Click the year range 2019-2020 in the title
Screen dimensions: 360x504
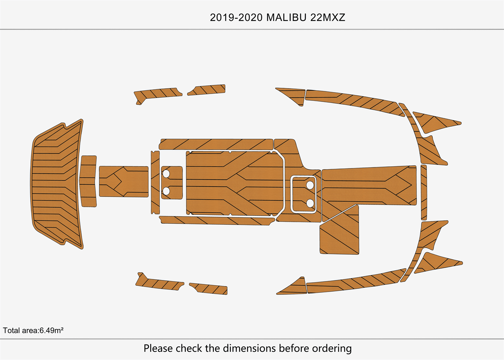(x=236, y=17)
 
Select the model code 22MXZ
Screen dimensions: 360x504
(x=328, y=17)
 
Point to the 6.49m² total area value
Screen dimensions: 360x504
(x=51, y=330)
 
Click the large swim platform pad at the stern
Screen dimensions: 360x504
(x=56, y=184)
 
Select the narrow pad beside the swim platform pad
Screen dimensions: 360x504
(x=88, y=181)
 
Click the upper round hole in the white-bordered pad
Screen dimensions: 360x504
(x=310, y=185)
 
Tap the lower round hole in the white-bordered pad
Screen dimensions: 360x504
(x=310, y=203)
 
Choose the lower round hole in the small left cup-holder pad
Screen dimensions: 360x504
(x=166, y=190)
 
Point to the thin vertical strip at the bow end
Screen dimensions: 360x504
(x=424, y=192)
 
